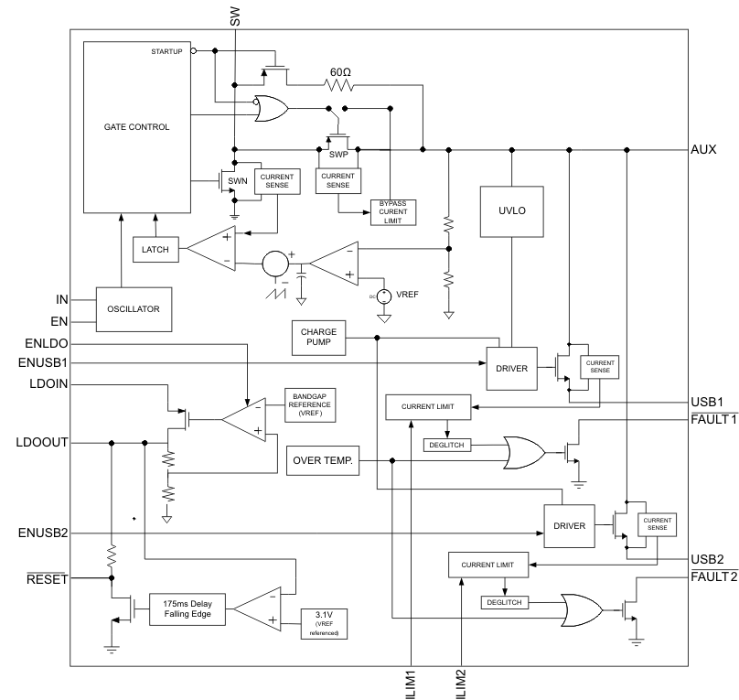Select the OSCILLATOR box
pyautogui.click(x=135, y=308)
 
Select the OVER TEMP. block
pyautogui.click(x=323, y=459)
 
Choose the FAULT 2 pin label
pyautogui.click(x=713, y=576)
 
